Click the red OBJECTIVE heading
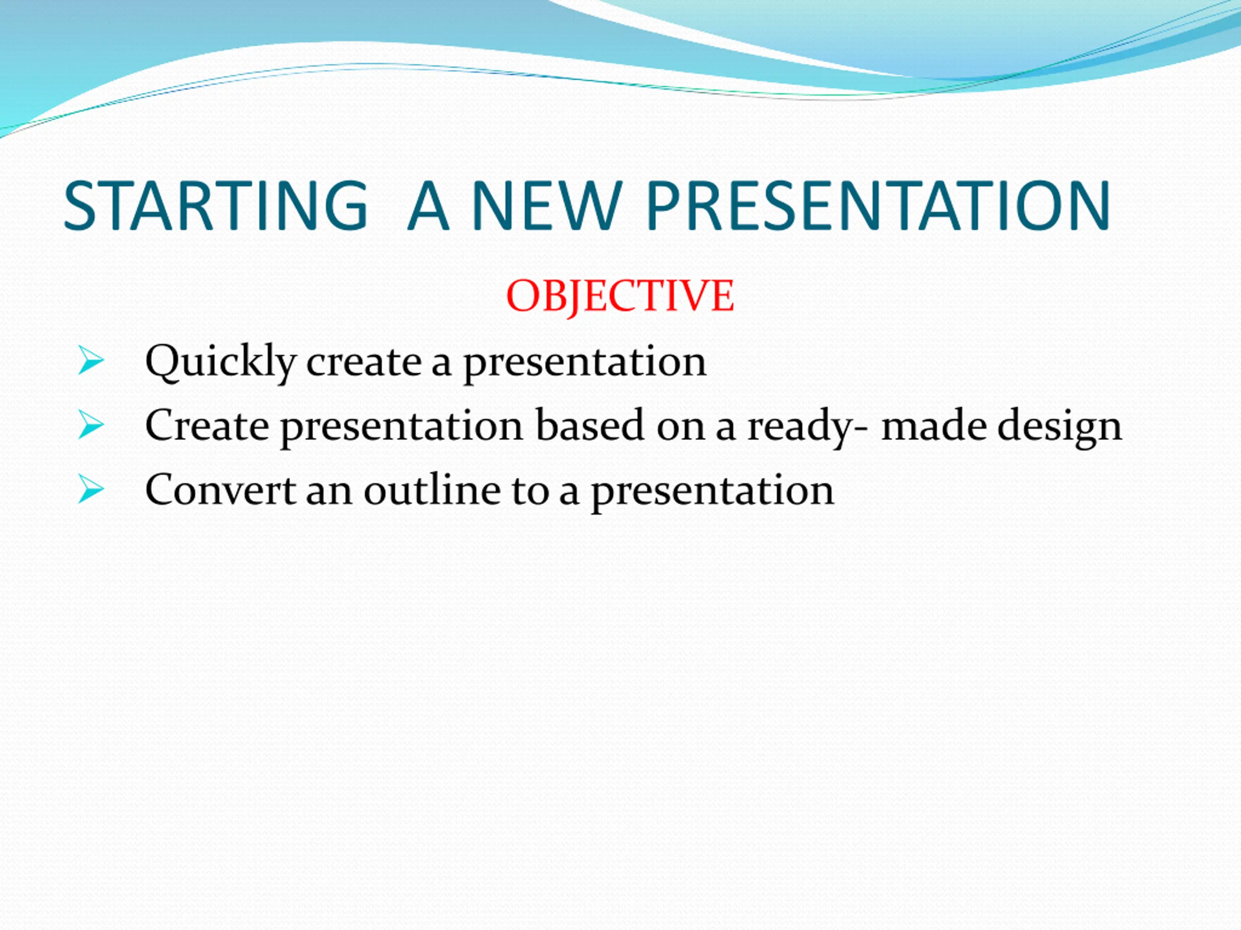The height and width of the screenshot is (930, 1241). (620, 295)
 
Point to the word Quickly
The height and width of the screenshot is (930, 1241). (221, 363)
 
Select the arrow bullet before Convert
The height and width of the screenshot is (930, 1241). (91, 489)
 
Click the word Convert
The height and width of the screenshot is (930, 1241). (221, 489)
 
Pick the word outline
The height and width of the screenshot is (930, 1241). (432, 489)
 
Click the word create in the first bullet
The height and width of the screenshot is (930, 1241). (364, 363)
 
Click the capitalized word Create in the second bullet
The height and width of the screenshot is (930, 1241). (207, 425)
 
